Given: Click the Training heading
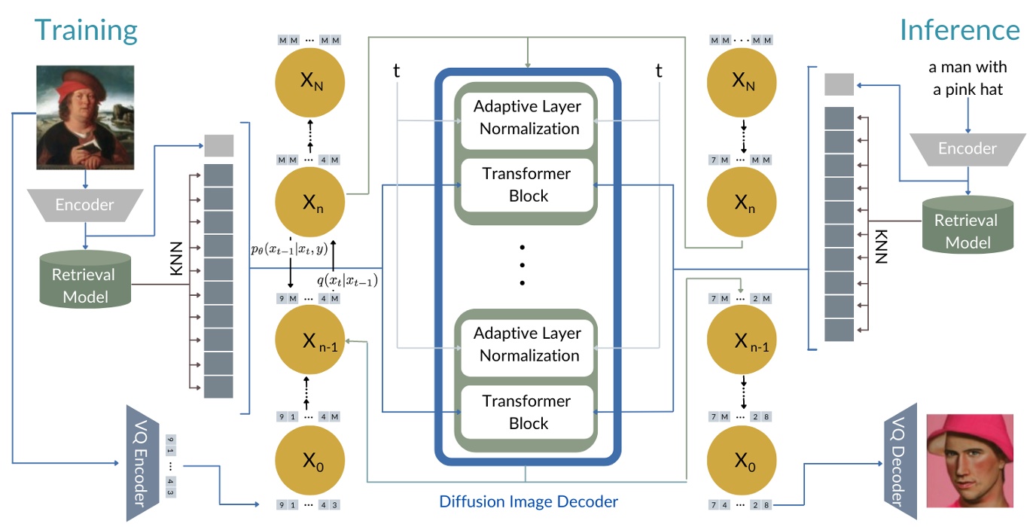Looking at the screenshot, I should (86, 30).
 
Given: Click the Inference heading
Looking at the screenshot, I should (960, 30).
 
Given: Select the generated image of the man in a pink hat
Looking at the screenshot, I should (969, 460).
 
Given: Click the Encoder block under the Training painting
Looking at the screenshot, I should (85, 205).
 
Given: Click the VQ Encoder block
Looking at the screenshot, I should (139, 463).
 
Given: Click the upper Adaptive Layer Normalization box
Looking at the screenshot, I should (529, 117).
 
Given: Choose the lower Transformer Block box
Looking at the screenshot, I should (529, 412).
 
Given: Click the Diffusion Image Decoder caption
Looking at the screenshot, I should (529, 501).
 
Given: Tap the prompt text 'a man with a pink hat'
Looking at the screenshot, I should (967, 78).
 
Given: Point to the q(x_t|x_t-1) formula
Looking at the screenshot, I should (347, 281).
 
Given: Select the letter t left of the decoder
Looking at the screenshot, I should (397, 71).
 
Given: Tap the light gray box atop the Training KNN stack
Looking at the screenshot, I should (219, 145).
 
